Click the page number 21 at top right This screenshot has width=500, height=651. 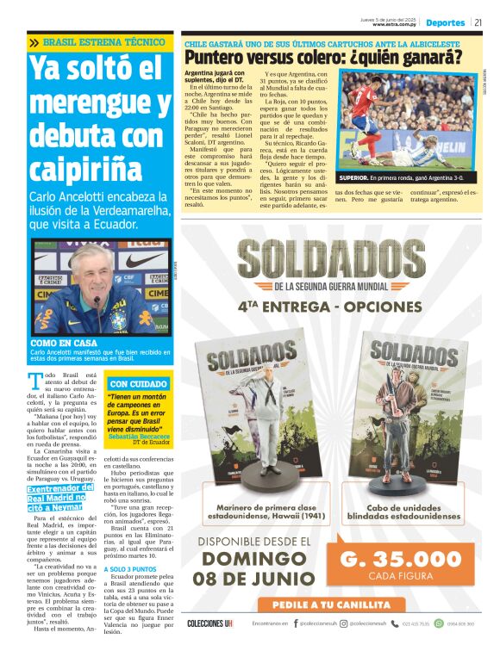(x=479, y=22)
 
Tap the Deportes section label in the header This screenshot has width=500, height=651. (x=446, y=22)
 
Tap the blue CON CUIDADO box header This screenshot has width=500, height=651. (x=139, y=383)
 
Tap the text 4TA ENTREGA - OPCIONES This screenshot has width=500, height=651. (x=330, y=306)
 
